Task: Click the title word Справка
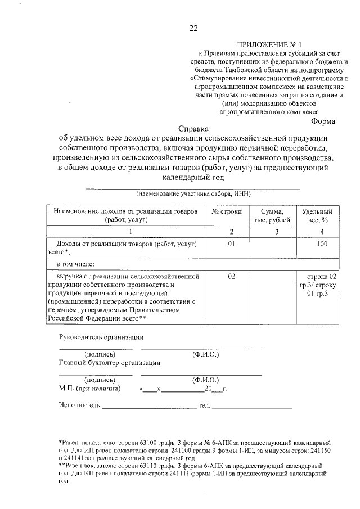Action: (x=193, y=128)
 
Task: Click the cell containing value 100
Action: (x=322, y=244)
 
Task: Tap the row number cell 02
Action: (x=231, y=276)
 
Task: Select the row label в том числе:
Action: (x=75, y=263)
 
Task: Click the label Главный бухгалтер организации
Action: (x=110, y=363)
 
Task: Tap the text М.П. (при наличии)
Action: (x=89, y=388)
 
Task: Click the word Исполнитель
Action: (x=79, y=405)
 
